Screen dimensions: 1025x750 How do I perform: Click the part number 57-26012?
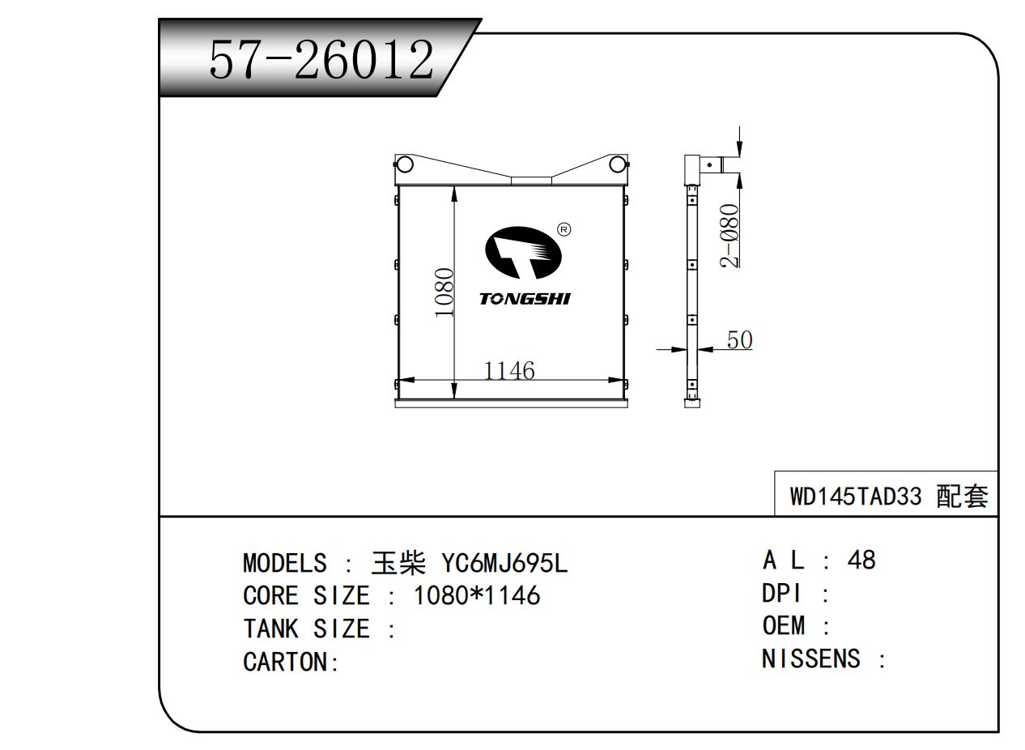coord(321,59)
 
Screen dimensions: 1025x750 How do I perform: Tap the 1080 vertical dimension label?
coord(444,292)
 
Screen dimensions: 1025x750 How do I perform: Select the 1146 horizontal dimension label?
coord(509,370)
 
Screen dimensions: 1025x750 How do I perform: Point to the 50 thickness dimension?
coord(739,340)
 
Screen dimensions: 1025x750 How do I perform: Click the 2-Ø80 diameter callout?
coord(729,236)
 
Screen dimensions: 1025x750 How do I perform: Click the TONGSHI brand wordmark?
coord(525,299)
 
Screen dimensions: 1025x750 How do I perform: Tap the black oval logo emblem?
coord(523,252)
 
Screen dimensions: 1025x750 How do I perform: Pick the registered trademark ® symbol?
coord(564,229)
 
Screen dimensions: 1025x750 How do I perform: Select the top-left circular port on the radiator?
coord(404,164)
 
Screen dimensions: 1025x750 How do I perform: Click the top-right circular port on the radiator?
coord(617,164)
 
